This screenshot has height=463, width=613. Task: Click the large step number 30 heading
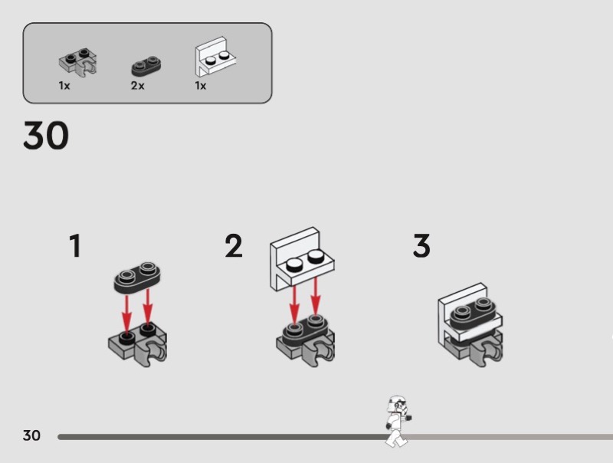pos(46,136)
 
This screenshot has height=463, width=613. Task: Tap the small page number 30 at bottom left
pos(31,435)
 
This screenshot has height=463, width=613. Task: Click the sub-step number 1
pos(74,246)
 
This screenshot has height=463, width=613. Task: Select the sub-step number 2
pos(234,246)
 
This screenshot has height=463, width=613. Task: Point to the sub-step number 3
pos(421,246)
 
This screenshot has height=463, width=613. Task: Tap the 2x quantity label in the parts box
pos(137,86)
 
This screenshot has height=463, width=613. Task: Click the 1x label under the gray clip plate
pos(64,86)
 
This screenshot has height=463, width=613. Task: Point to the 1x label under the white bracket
pos(201,86)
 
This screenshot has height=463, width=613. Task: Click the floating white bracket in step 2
pos(302,259)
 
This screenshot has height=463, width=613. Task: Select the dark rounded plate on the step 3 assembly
pos(470,313)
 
